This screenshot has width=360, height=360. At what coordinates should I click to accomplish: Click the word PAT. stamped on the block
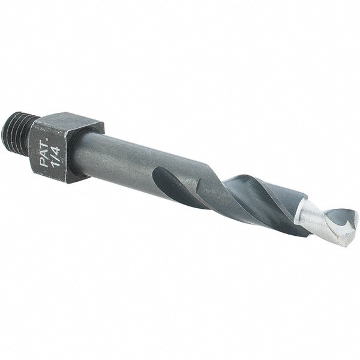point(44,152)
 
